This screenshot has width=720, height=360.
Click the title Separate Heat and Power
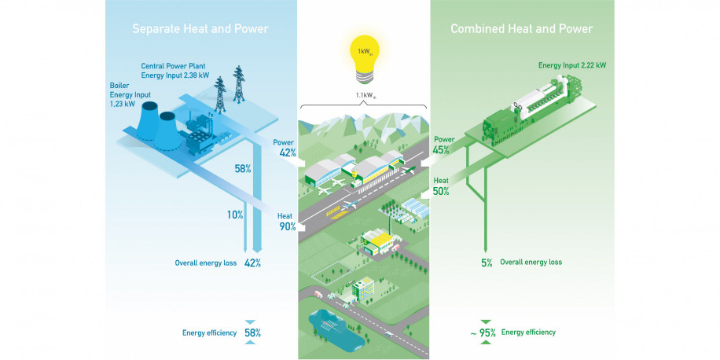point(200,29)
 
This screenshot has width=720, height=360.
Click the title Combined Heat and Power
point(521,29)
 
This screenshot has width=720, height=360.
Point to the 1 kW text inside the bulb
point(363,52)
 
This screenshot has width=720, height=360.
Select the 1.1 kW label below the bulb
point(363,98)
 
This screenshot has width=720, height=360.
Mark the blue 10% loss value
point(233,215)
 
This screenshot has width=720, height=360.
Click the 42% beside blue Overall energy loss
point(252,263)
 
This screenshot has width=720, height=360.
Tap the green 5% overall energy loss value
point(487,263)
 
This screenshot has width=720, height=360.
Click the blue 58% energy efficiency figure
point(252,332)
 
